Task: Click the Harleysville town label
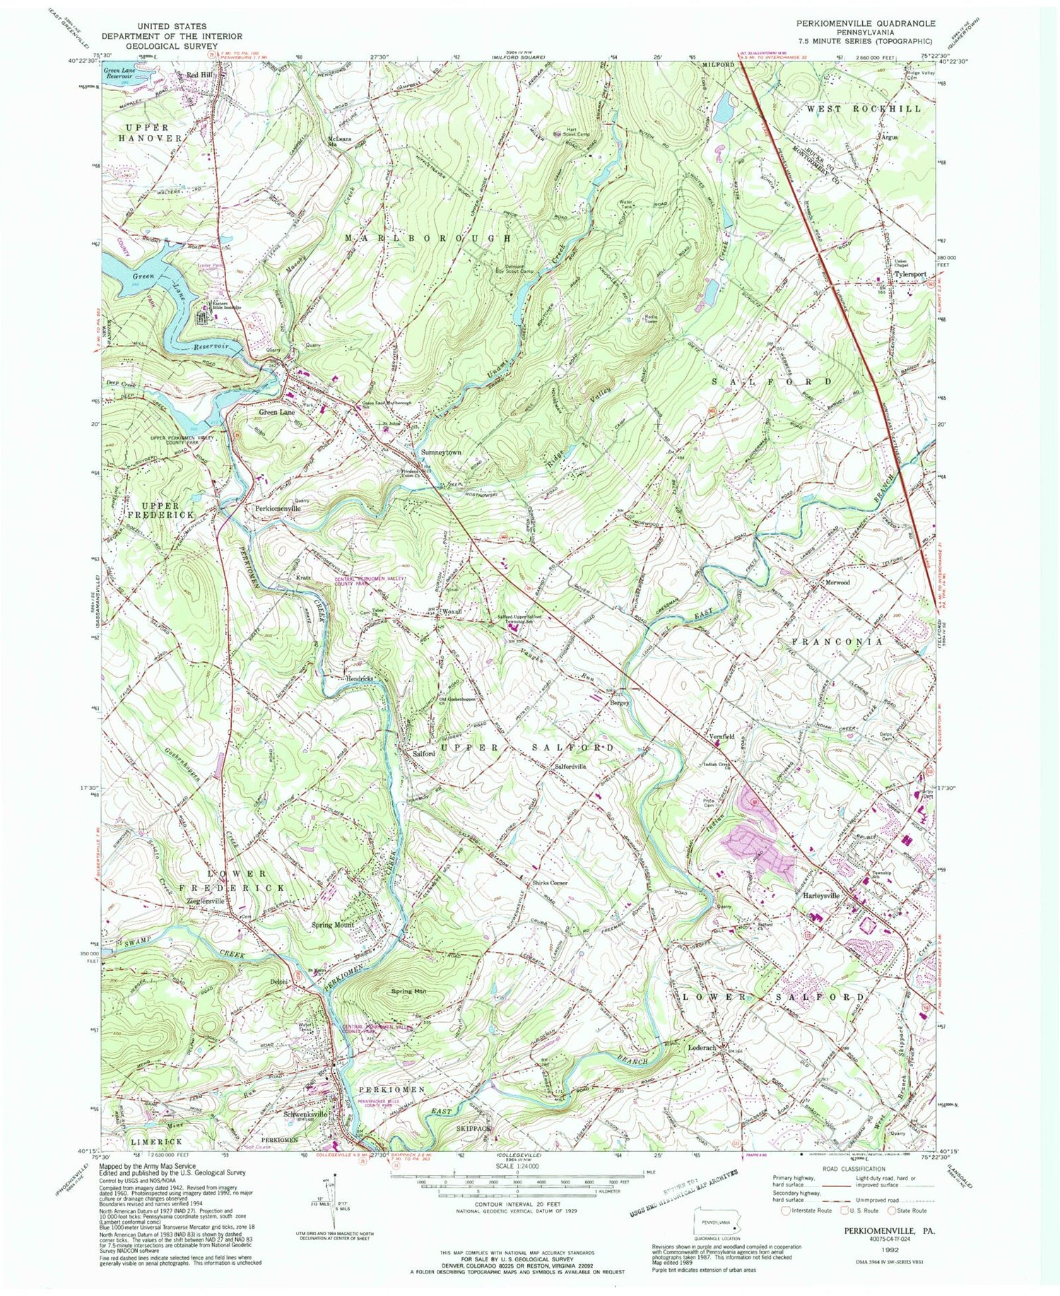click(821, 895)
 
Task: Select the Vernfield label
click(722, 736)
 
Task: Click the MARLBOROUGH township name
click(428, 239)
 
